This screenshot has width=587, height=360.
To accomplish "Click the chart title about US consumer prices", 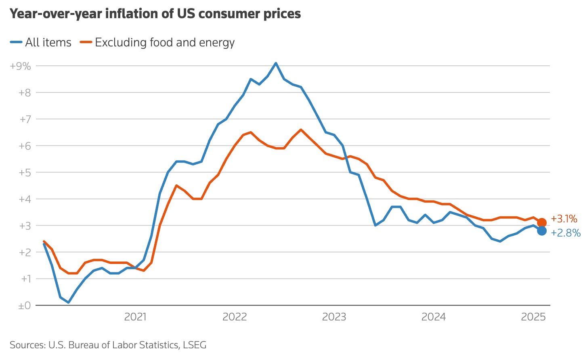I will coord(155,14).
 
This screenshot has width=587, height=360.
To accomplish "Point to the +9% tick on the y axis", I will coord(20,66).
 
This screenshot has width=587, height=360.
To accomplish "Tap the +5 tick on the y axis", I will coord(24,172).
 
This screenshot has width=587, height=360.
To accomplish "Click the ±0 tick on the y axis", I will coord(24,306).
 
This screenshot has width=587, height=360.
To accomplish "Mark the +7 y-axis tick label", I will coord(25,119).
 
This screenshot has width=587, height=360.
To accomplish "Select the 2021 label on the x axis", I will coord(135,317).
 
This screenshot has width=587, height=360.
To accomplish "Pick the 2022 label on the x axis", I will coord(235,317).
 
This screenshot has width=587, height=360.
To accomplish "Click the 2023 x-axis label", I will coord(334,317).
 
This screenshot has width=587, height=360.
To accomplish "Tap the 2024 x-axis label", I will coord(434,317).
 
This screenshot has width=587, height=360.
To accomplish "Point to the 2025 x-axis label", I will coord(533,317).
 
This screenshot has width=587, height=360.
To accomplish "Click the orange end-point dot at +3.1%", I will coord(542,222).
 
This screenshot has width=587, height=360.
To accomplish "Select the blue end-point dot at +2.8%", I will coord(542,231).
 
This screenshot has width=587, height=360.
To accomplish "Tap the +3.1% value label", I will coord(564,219).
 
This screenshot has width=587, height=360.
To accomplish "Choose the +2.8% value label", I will coord(566,233).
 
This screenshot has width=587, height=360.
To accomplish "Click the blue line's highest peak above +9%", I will coord(276,63).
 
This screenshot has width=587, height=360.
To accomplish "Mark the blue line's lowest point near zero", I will coord(69,302).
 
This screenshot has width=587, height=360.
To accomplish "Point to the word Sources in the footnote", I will coord(27,345).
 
